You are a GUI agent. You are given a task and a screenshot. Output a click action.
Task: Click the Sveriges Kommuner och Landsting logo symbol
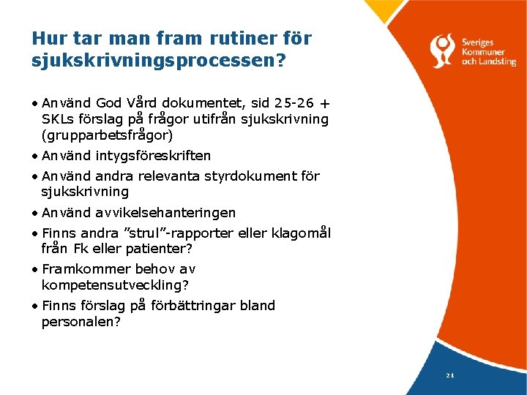(x=444, y=50)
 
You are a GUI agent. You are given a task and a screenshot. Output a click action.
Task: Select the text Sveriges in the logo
(x=480, y=42)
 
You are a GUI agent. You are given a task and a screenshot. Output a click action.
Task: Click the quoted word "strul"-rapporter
(x=173, y=233)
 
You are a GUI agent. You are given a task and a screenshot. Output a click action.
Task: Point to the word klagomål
(x=302, y=233)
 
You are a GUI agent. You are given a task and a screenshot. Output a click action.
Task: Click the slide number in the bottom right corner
(x=449, y=375)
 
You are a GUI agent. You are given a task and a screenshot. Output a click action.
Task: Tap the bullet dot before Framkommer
(x=35, y=269)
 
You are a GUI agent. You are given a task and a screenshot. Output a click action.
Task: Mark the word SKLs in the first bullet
(x=57, y=119)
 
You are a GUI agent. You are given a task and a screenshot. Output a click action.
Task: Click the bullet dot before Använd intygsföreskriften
(x=35, y=156)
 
